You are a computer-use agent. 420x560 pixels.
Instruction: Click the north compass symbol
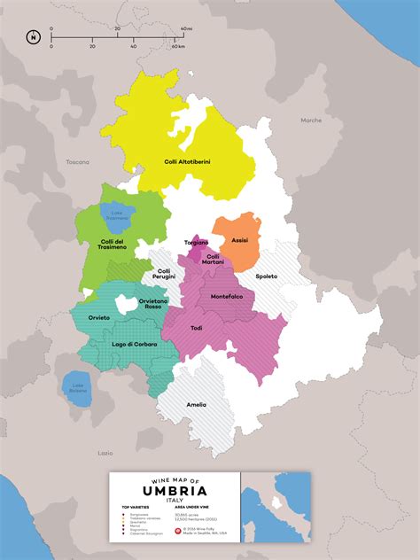click(x=33, y=37)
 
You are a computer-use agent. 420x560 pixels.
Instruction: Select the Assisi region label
click(x=239, y=240)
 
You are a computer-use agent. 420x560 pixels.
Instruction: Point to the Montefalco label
click(x=226, y=295)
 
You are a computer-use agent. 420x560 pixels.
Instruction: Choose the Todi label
click(x=196, y=328)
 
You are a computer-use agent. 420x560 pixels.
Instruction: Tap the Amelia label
click(x=196, y=404)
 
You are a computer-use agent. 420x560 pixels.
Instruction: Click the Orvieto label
click(x=99, y=316)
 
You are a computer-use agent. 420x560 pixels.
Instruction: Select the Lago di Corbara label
click(x=134, y=343)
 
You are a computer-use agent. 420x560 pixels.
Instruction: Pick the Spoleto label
click(x=266, y=276)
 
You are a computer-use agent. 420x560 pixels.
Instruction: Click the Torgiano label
click(x=196, y=242)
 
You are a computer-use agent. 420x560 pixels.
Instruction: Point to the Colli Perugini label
click(x=164, y=275)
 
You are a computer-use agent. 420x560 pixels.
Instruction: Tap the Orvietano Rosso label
click(x=152, y=304)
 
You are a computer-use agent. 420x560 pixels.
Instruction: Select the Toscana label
click(x=78, y=162)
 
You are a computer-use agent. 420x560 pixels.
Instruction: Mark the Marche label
click(x=311, y=120)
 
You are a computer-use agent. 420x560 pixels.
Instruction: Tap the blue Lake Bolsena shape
click(x=79, y=388)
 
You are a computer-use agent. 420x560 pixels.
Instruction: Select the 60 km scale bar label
click(x=180, y=45)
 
